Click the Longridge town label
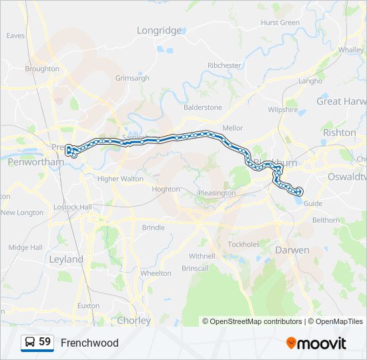pyautogui.click(x=159, y=31)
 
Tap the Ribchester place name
pyautogui.click(x=224, y=65)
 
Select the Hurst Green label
pyautogui.click(x=280, y=23)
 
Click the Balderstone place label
pyautogui.click(x=203, y=107)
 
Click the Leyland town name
pyautogui.click(x=66, y=259)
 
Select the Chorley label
pyautogui.click(x=133, y=321)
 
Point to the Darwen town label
pyautogui.click(x=292, y=250)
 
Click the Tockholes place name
pyautogui.click(x=243, y=244)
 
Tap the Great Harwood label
pyautogui.click(x=341, y=101)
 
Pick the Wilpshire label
pyautogui.click(x=282, y=109)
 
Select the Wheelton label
pyautogui.click(x=155, y=273)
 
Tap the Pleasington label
pyautogui.click(x=216, y=193)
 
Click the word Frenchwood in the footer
pyautogui.click(x=89, y=343)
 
